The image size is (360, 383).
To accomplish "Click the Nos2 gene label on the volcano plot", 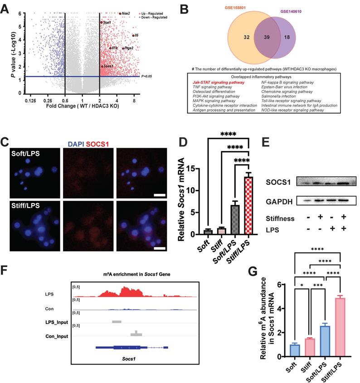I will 126,14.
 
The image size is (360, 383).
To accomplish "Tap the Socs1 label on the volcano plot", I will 108,66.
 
